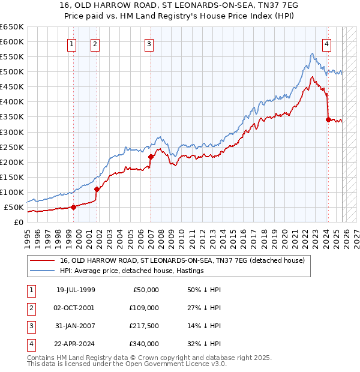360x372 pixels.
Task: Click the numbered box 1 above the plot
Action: pyautogui.click(x=71, y=43)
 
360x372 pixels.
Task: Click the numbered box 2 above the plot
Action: pyautogui.click(x=95, y=43)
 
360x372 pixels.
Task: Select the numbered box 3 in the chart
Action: pyautogui.click(x=148, y=43)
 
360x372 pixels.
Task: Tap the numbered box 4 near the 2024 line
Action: pyautogui.click(x=326, y=43)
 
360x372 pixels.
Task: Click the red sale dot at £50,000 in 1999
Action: pyautogui.click(x=73, y=207)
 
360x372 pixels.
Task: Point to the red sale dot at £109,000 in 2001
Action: pyautogui.click(x=97, y=189)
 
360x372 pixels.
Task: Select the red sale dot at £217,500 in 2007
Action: pyautogui.click(x=151, y=157)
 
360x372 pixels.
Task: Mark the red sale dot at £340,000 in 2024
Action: pyautogui.click(x=328, y=119)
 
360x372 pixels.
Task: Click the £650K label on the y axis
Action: pyautogui.click(x=12, y=27)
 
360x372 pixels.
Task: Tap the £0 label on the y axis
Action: pyautogui.click(x=18, y=223)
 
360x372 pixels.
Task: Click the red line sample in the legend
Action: pyautogui.click(x=42, y=260)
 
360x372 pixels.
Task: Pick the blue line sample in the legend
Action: pyautogui.click(x=42, y=271)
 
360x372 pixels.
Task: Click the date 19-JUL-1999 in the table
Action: pyautogui.click(x=76, y=290)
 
